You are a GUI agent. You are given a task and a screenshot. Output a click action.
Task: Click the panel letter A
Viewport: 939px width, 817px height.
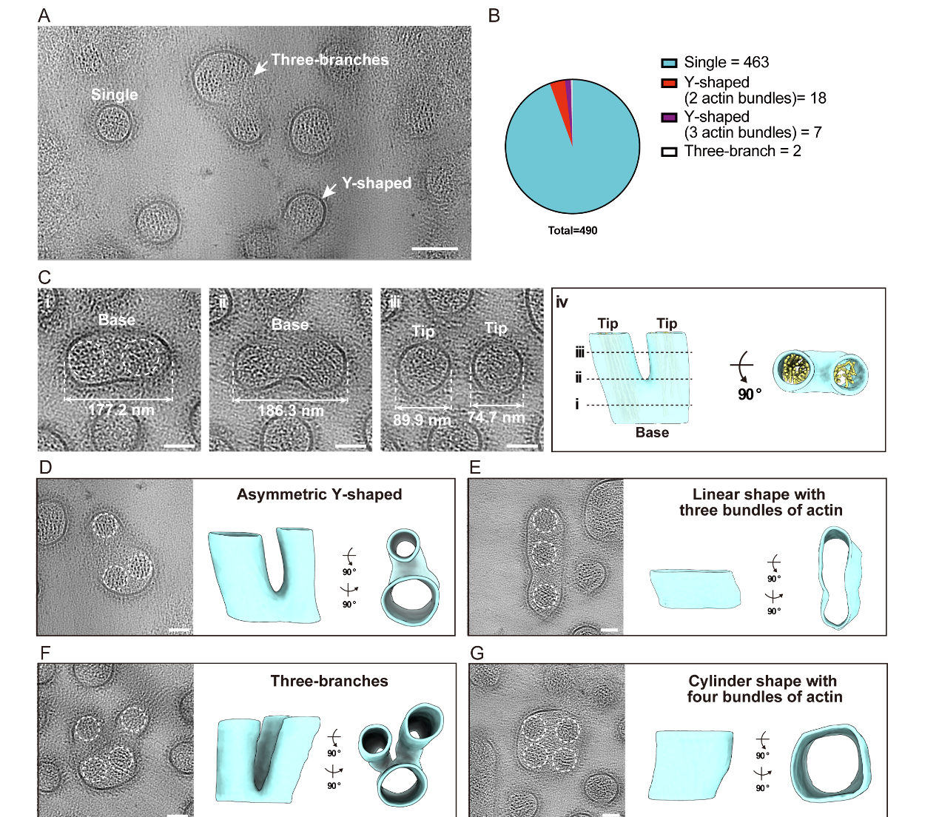(x=44, y=16)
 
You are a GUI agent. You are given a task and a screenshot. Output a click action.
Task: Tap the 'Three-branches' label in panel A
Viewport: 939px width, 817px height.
(x=329, y=60)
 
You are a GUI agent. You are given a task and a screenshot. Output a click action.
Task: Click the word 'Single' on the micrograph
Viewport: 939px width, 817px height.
(x=114, y=95)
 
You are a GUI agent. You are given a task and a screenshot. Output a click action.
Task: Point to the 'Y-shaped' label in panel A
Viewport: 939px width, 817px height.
(x=376, y=184)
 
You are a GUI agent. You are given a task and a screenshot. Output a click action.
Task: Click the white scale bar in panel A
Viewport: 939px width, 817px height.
(x=434, y=249)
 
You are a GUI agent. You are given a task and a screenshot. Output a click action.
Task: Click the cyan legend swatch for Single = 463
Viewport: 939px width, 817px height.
(x=669, y=63)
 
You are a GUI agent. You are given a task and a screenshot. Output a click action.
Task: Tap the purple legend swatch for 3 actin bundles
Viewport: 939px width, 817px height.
(x=669, y=118)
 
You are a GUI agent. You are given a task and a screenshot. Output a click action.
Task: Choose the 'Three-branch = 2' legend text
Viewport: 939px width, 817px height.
(x=742, y=151)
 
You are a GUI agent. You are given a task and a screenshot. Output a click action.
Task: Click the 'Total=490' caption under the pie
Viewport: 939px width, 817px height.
(x=572, y=230)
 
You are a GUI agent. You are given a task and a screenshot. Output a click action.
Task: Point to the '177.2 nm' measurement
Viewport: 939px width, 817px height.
(x=121, y=410)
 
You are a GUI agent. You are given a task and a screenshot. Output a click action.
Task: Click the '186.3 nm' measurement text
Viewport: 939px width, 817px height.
(x=290, y=411)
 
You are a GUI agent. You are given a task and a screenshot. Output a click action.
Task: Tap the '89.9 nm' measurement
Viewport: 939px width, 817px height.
(x=422, y=420)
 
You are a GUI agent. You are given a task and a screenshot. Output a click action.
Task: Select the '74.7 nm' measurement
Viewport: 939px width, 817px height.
(x=496, y=417)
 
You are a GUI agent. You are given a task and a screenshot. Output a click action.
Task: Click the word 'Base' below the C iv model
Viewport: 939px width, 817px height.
(x=652, y=433)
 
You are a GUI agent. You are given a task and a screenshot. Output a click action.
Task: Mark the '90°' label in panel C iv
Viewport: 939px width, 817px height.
(x=749, y=394)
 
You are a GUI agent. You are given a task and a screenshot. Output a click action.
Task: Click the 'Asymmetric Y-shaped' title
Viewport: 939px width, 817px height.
(x=319, y=494)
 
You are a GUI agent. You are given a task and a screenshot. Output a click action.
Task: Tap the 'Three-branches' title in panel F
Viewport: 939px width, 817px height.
(x=329, y=681)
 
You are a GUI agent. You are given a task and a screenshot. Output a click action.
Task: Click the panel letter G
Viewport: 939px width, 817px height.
(x=477, y=653)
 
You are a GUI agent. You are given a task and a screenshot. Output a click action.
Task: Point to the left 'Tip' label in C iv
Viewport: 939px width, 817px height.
(x=608, y=323)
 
